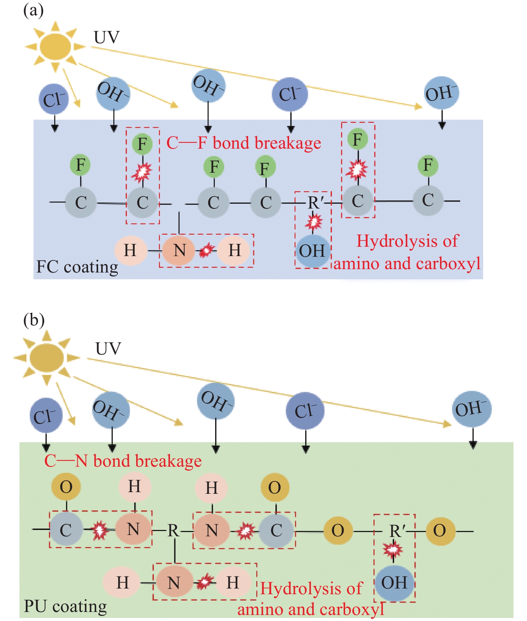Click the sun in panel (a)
55,47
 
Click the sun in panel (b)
47,358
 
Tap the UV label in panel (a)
106,37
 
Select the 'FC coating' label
77,267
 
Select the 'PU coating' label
66,606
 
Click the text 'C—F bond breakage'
244,143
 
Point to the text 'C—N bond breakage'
123,461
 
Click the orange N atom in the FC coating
179,250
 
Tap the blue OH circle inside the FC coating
312,251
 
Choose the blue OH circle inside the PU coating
394,583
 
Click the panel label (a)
33,11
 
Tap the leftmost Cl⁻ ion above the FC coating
54,99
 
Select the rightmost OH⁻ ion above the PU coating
471,409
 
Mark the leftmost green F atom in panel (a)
80,165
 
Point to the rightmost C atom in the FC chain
428,200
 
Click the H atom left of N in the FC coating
130,250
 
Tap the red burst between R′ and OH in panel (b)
392,549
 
